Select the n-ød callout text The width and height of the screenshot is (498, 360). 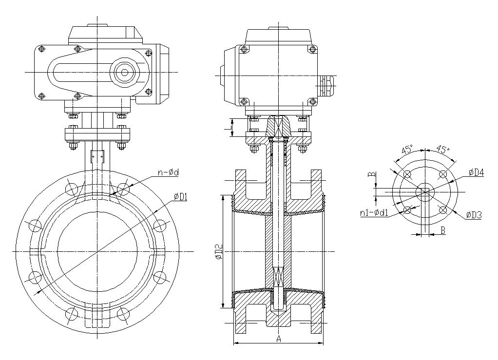coord(168,172)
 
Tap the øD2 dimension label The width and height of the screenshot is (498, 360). coord(219,251)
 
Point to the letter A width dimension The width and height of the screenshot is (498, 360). coord(279,339)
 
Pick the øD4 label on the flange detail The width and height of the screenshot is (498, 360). coord(476,172)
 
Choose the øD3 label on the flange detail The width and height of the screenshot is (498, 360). coord(474,214)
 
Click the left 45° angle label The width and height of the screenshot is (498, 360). coord(408,150)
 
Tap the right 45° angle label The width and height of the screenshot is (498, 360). coord(442,150)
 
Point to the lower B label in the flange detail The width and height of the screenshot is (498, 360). coord(442,231)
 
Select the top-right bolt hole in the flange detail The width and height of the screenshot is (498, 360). coord(443,174)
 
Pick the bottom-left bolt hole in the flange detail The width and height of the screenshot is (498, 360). coord(406,210)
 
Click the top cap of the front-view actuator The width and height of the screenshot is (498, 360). coord(106,32)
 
